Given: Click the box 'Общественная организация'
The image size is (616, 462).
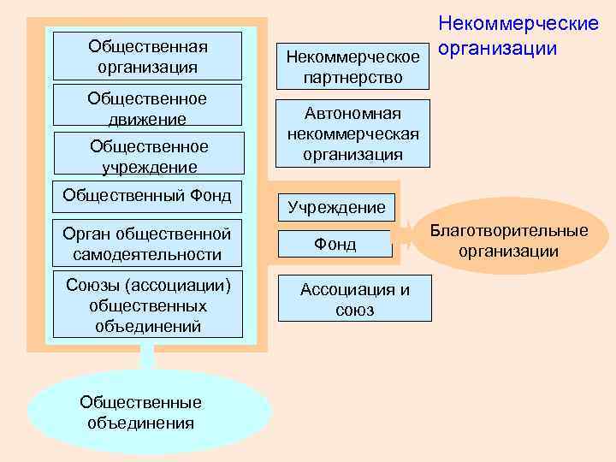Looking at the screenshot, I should pyautogui.click(x=147, y=56).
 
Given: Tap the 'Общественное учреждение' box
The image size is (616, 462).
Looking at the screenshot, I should pyautogui.click(x=147, y=156).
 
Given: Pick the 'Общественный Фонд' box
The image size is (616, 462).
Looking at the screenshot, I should pyautogui.click(x=147, y=196).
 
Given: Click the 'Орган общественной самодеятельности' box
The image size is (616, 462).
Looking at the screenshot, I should pyautogui.click(x=147, y=244).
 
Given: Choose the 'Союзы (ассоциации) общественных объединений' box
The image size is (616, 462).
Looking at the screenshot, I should pyautogui.click(x=147, y=305).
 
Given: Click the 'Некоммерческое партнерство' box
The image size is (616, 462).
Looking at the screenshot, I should pyautogui.click(x=353, y=67).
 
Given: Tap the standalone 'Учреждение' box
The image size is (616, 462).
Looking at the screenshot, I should pyautogui.click(x=336, y=206).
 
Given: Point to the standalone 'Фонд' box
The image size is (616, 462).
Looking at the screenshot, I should pyautogui.click(x=335, y=245).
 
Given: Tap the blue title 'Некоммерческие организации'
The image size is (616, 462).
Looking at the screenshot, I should pyautogui.click(x=518, y=35).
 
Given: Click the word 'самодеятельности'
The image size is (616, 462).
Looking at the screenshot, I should pyautogui.click(x=147, y=254).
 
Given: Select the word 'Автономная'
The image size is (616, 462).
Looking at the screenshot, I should pyautogui.click(x=353, y=114).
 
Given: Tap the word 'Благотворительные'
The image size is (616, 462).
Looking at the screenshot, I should pyautogui.click(x=509, y=231).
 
